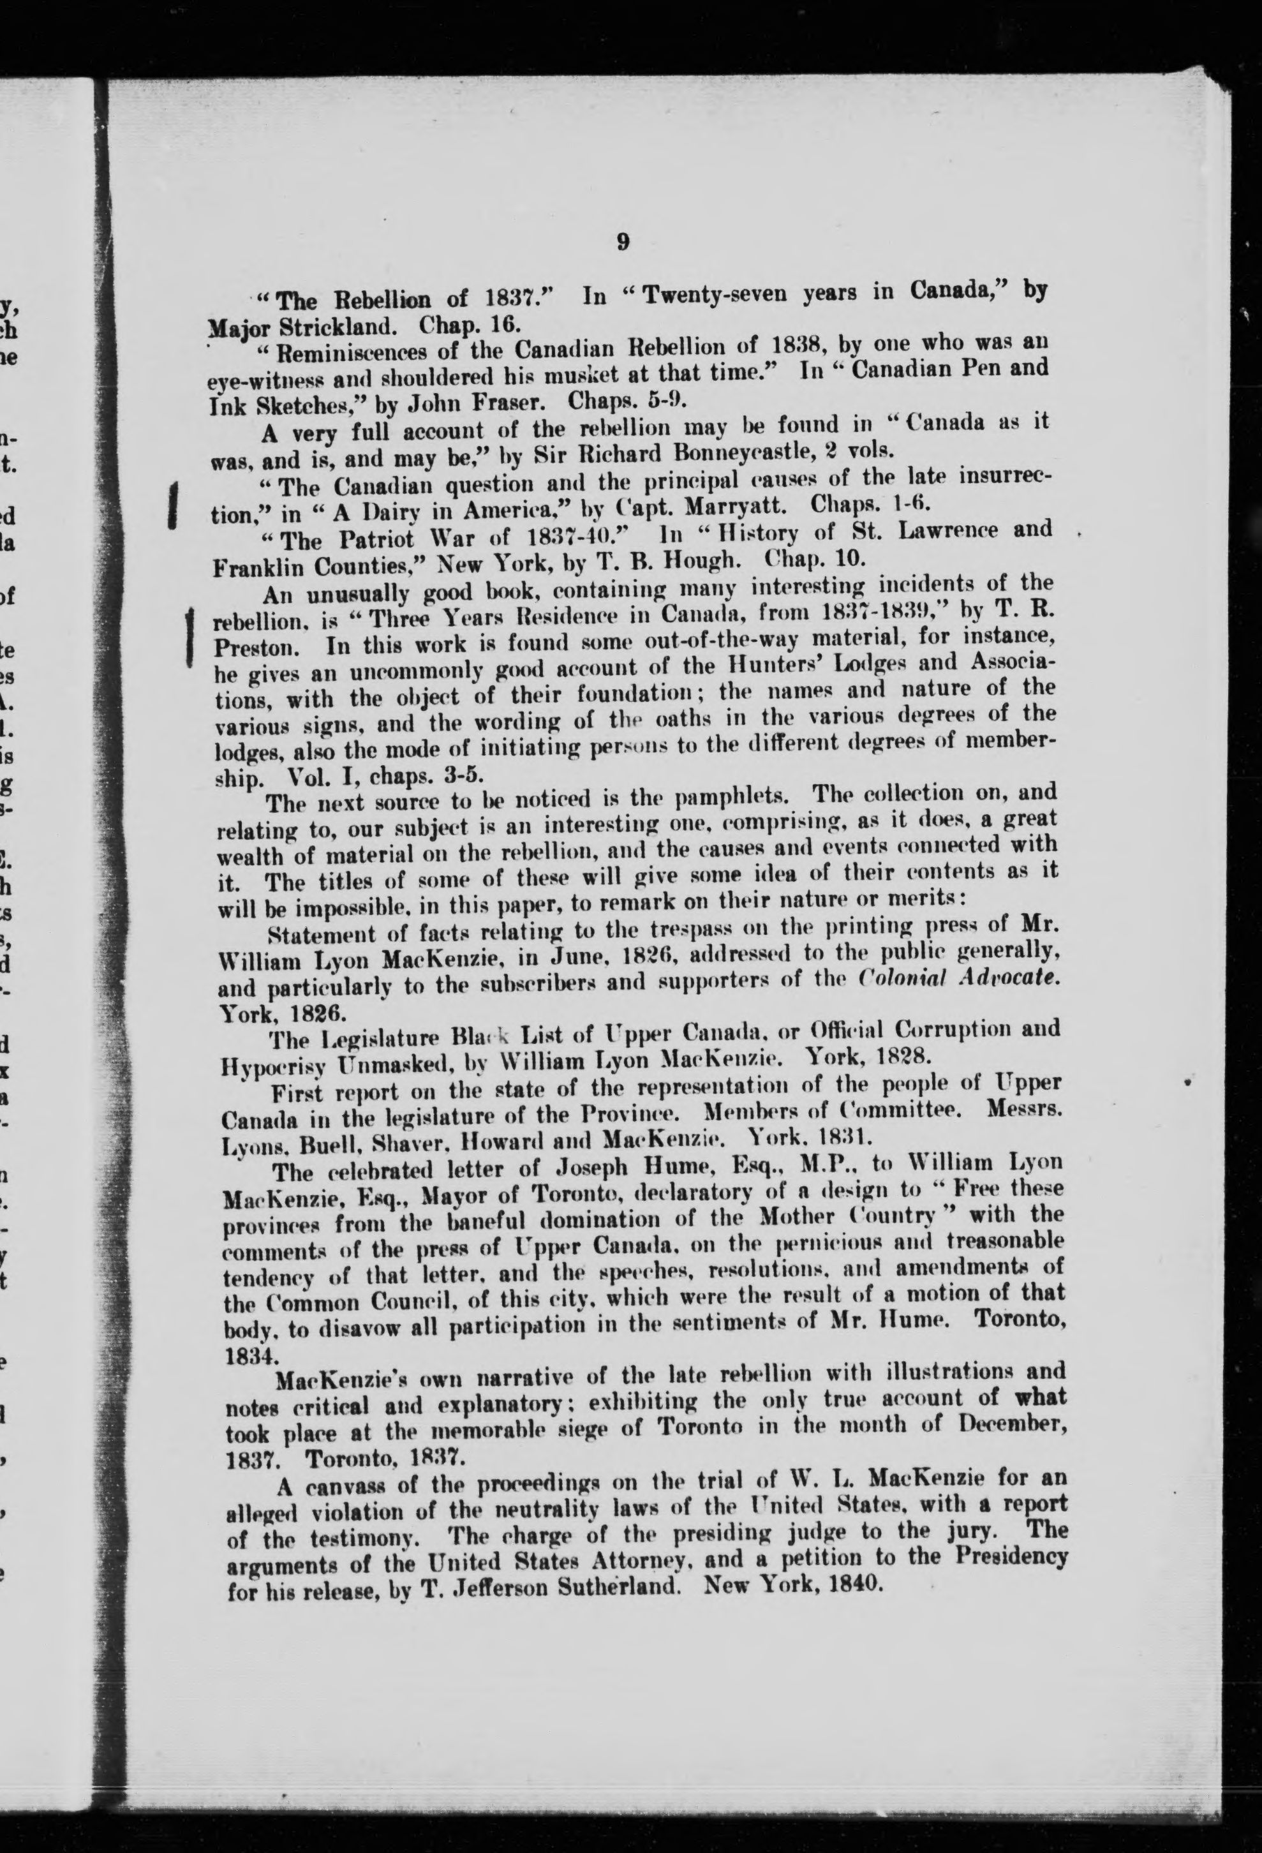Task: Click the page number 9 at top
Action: pyautogui.click(x=624, y=241)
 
